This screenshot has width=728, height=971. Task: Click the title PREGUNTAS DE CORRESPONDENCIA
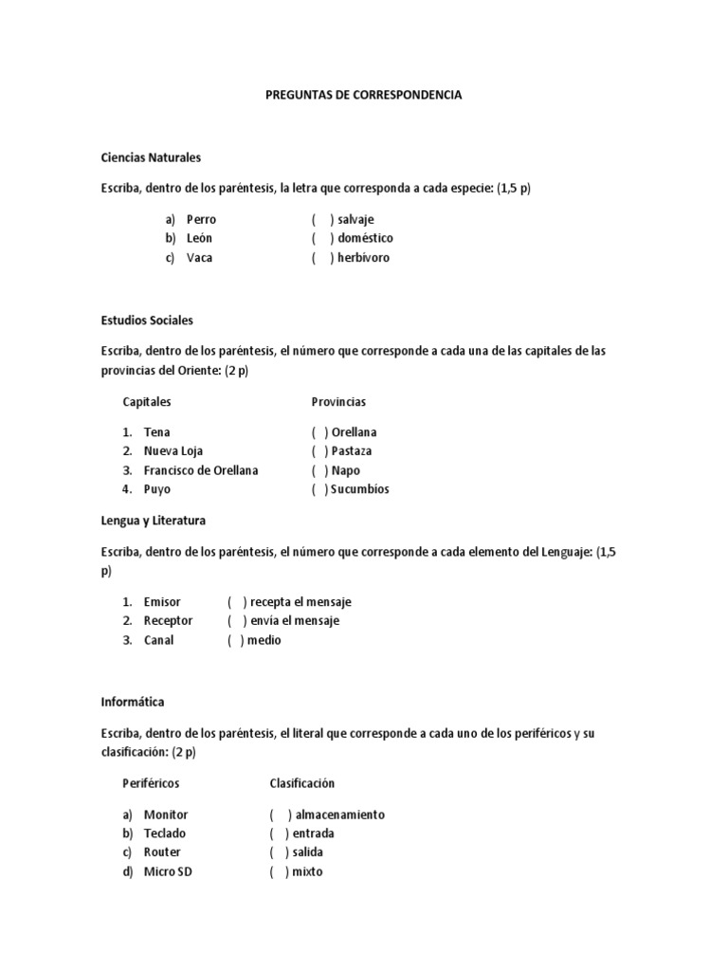tap(364, 96)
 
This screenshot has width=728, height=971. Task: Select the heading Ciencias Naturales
tap(151, 157)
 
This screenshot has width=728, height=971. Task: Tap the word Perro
tap(201, 219)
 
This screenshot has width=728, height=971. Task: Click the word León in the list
tap(200, 238)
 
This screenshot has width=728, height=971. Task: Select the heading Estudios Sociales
tap(147, 321)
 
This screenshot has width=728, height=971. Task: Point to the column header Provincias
tap(338, 402)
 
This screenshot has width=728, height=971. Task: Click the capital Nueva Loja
tap(173, 451)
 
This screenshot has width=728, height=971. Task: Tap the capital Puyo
tap(157, 489)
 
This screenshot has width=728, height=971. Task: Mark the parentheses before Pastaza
tap(319, 451)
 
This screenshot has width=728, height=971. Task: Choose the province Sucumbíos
tap(360, 489)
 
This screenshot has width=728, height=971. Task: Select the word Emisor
tap(162, 602)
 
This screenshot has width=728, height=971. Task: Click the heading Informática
tap(132, 703)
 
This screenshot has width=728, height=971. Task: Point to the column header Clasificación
tap(302, 783)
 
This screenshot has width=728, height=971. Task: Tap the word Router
tap(162, 852)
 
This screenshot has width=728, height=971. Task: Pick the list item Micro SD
tap(168, 871)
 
